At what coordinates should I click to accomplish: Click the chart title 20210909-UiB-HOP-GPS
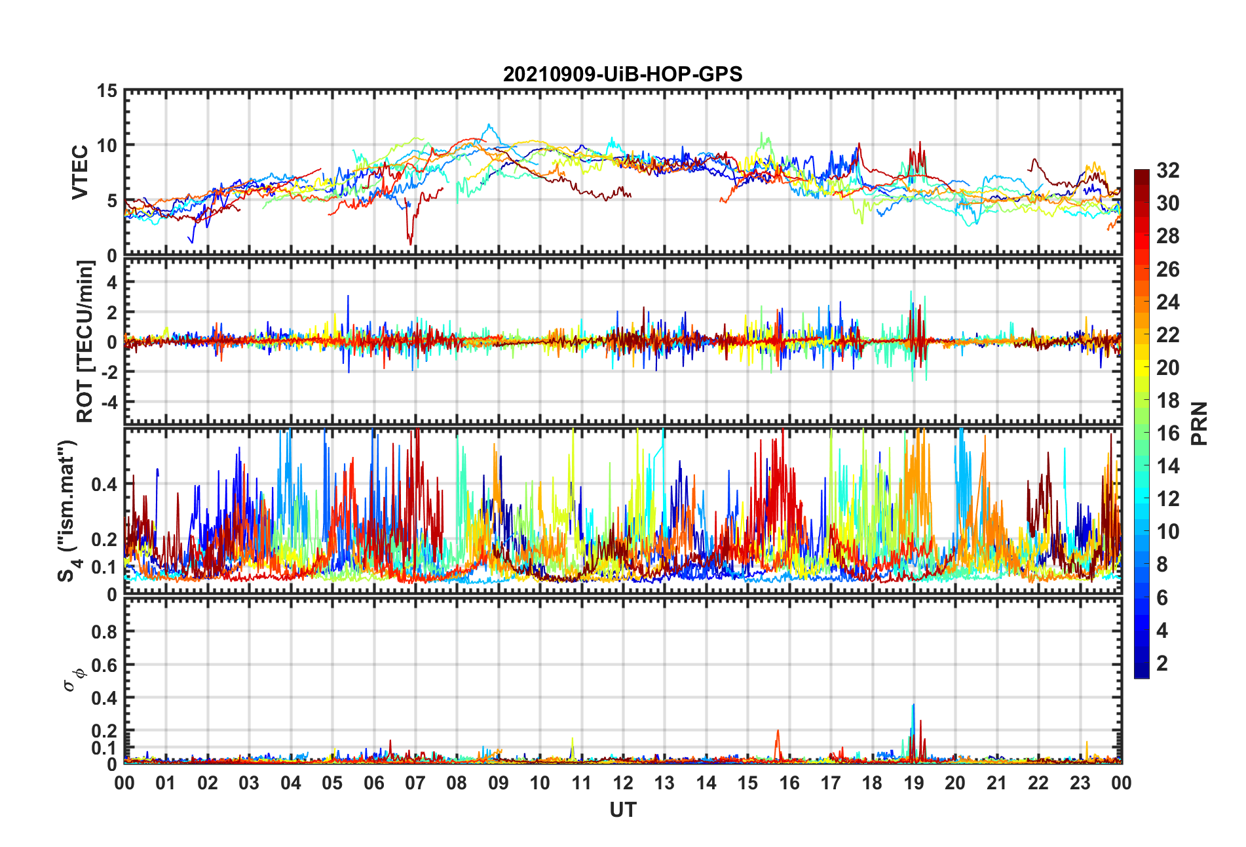pyautogui.click(x=622, y=74)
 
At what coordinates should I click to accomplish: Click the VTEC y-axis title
pyautogui.click(x=80, y=172)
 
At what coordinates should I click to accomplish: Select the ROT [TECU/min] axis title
pyautogui.click(x=85, y=341)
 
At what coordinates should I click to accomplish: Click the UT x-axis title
pyautogui.click(x=622, y=810)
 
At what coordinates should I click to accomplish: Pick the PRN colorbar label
pyautogui.click(x=1199, y=423)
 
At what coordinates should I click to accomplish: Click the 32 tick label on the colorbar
pyautogui.click(x=1167, y=170)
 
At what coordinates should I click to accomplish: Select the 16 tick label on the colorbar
pyautogui.click(x=1167, y=433)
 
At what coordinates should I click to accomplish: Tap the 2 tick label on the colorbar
pyautogui.click(x=1162, y=663)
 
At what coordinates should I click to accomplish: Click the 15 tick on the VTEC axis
pyautogui.click(x=107, y=91)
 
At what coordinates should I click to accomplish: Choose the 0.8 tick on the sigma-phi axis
pyautogui.click(x=104, y=632)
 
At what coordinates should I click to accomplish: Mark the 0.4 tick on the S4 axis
pyautogui.click(x=104, y=484)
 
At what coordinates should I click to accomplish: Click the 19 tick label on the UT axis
pyautogui.click(x=913, y=783)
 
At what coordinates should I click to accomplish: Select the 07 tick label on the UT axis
pyautogui.click(x=415, y=783)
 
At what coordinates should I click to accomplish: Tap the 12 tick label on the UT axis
pyautogui.click(x=622, y=783)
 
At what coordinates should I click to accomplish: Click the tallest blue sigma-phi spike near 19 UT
pyautogui.click(x=913, y=706)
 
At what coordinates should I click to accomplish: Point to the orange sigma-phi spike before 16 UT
pyautogui.click(x=778, y=732)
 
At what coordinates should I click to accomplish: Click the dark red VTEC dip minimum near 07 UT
pyautogui.click(x=411, y=244)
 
